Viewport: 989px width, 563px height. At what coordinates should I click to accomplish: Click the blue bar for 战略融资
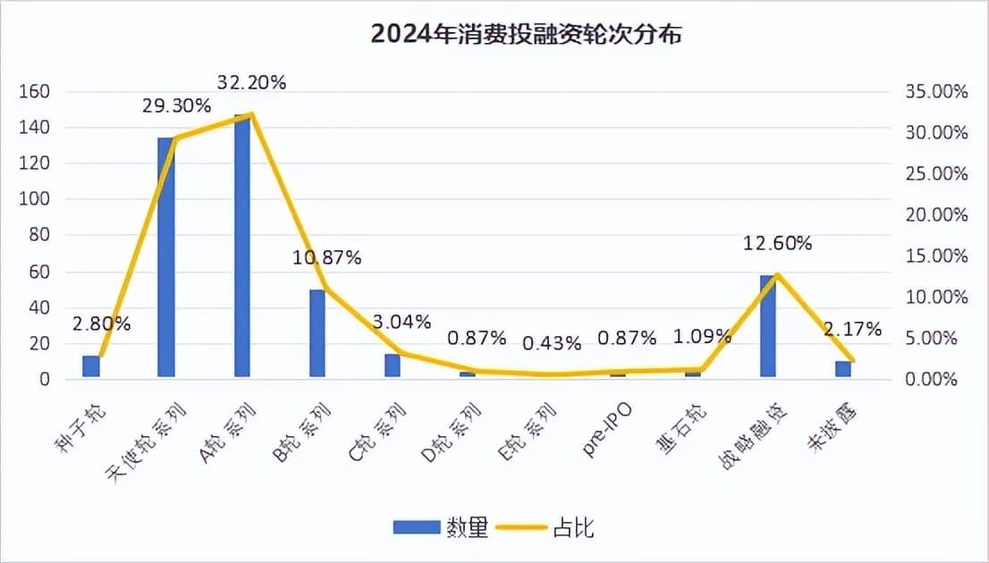coord(767,326)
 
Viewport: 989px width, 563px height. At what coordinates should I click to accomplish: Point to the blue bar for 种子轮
coord(91,367)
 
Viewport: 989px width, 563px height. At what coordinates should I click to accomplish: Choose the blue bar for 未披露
coord(843,369)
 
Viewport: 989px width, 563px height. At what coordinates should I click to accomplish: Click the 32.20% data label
coord(251,83)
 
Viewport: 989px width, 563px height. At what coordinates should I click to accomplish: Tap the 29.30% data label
coord(176,105)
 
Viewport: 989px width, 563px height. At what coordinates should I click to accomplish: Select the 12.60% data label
coord(777,243)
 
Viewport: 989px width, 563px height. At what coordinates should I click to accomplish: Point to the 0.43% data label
coord(552,342)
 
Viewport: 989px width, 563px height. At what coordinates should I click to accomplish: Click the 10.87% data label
coord(326,258)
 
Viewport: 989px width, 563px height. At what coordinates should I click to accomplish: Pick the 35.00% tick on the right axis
coord(935,92)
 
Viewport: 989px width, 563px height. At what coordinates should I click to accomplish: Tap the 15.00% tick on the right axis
coord(935,256)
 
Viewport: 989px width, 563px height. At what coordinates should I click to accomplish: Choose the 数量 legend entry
coord(441,528)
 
